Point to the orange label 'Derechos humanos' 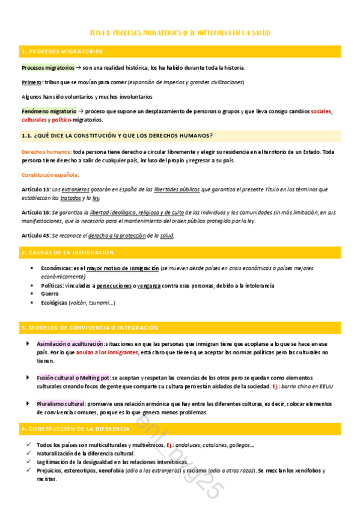click(x=46, y=152)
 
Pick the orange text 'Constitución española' click(x=50, y=175)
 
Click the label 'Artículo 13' click(x=35, y=189)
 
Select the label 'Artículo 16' click(x=35, y=212)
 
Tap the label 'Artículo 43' click(x=35, y=235)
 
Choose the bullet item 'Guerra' click(x=50, y=294)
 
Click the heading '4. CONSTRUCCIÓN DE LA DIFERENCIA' click(x=75, y=428)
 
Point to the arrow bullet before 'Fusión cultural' click(x=27, y=377)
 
